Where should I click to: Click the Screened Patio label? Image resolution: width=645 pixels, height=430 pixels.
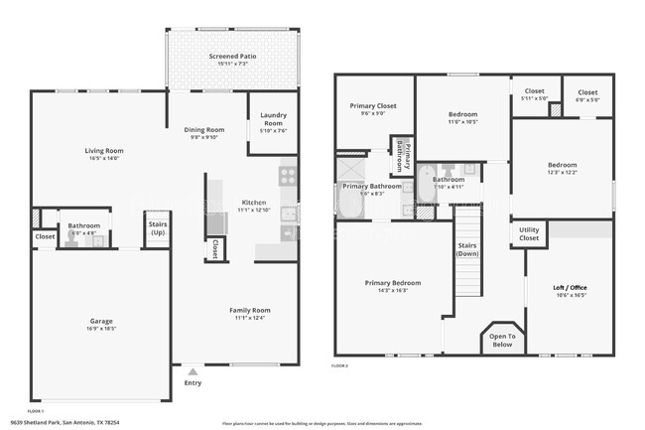233,57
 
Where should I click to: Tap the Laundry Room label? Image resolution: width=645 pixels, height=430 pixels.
273,119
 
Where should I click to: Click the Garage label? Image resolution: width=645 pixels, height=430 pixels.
101,321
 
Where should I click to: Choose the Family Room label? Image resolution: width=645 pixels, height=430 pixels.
251,310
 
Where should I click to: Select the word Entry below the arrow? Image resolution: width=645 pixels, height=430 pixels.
193,382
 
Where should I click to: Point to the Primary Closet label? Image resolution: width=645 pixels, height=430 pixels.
372,106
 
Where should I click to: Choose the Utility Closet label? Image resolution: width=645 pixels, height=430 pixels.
530,234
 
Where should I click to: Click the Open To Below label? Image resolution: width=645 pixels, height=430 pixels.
502,341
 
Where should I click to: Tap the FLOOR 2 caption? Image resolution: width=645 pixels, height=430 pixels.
340,366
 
